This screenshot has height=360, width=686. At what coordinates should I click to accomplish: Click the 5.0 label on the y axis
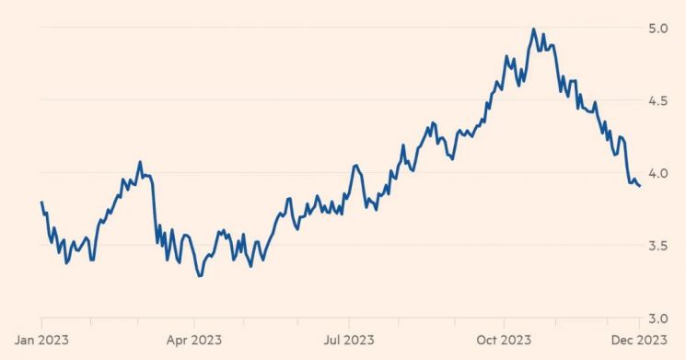(x=658, y=29)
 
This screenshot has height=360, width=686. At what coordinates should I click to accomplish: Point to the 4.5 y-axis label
(x=658, y=101)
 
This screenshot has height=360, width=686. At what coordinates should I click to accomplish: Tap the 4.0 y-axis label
(x=658, y=174)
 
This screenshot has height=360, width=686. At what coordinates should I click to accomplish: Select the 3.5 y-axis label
(x=658, y=246)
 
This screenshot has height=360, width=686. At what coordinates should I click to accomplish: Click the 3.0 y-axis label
(x=658, y=319)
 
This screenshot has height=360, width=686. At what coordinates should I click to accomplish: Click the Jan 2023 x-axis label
(x=41, y=340)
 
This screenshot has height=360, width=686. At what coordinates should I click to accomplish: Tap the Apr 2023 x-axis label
(x=193, y=340)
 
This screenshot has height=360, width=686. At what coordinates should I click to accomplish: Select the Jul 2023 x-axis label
(x=349, y=340)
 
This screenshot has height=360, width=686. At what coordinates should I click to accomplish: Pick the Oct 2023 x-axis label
(x=504, y=340)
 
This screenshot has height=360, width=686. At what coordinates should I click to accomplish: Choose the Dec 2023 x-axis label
(x=639, y=340)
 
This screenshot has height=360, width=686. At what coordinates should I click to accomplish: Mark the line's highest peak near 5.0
(x=533, y=29)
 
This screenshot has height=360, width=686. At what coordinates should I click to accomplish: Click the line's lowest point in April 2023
(x=200, y=276)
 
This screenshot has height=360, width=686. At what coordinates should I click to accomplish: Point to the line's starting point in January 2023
(x=41, y=202)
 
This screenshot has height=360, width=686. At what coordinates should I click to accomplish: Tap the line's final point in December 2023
(x=640, y=186)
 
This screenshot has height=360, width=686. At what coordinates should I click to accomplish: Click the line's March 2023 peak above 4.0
(x=140, y=162)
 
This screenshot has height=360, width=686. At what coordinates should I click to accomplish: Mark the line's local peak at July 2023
(x=355, y=166)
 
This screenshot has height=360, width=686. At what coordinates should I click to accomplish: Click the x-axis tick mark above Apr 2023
(x=193, y=322)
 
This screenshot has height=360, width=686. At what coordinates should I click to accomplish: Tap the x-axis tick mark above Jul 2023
(x=349, y=322)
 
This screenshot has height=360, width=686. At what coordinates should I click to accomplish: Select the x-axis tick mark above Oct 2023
(x=504, y=322)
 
